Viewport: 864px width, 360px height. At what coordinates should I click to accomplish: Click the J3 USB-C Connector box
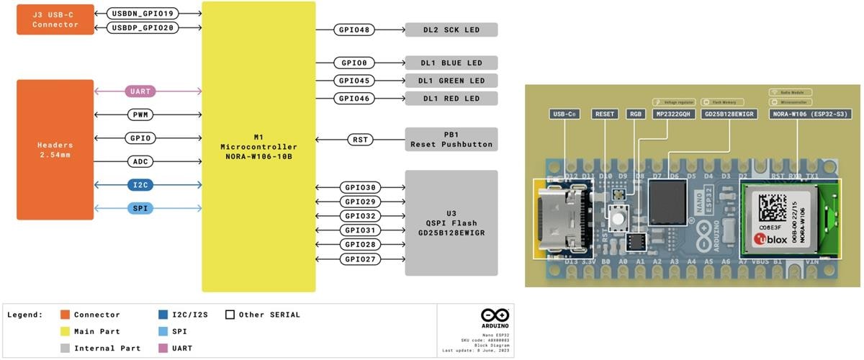pyautogui.click(x=55, y=19)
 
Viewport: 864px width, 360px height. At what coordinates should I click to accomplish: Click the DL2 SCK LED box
pyautogui.click(x=451, y=30)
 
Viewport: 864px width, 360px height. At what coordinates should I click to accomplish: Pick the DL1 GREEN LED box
pyautogui.click(x=451, y=81)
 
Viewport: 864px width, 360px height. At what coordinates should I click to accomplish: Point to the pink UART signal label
pyautogui.click(x=140, y=91)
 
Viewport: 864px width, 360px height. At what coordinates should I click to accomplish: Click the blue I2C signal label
pyautogui.click(x=140, y=185)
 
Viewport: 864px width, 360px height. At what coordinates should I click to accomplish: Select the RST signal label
pyautogui.click(x=359, y=140)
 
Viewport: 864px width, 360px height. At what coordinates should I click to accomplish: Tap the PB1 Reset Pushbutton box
pyautogui.click(x=451, y=140)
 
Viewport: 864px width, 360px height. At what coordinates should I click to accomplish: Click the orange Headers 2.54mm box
pyautogui.click(x=55, y=150)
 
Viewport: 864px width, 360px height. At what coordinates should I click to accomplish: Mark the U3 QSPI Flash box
pyautogui.click(x=451, y=222)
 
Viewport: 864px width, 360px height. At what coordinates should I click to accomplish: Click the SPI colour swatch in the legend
pyautogui.click(x=163, y=331)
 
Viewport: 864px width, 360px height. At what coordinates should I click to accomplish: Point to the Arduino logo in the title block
pyautogui.click(x=495, y=316)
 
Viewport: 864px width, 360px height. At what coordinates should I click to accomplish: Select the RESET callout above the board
pyautogui.click(x=604, y=114)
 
